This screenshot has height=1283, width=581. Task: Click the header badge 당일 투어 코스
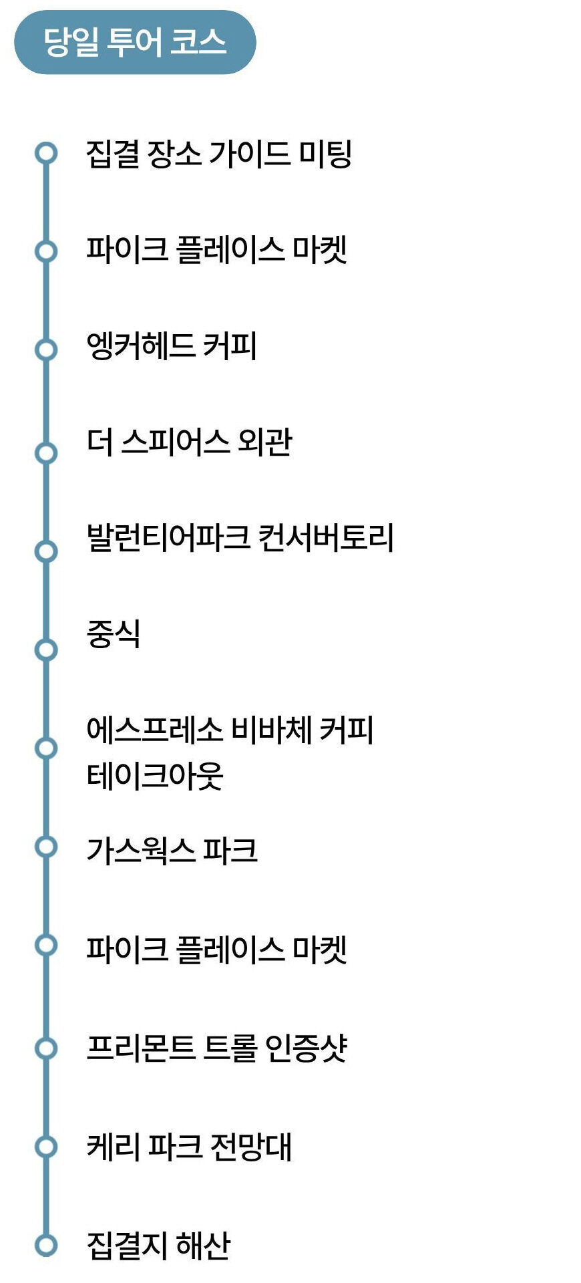point(135,42)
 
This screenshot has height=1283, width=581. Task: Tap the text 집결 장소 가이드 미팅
point(218,154)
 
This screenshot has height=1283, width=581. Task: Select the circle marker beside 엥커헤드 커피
point(46,349)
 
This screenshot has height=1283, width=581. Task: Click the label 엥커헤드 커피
point(172,346)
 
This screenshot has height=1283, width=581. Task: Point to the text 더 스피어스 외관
point(190,442)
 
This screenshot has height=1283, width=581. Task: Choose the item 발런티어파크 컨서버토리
point(240,538)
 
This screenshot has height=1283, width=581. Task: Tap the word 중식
point(114,634)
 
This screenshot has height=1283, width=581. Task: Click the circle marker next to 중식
point(46,649)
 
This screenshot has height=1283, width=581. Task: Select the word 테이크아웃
point(155,776)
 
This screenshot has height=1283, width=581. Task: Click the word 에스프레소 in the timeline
point(154,730)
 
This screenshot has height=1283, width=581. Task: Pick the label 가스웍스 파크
point(172,851)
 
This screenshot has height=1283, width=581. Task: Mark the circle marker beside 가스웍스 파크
point(46,847)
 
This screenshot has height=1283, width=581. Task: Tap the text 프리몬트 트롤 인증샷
point(217,1048)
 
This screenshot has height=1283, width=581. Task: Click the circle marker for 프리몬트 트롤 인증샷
point(46,1048)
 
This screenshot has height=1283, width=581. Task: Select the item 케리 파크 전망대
point(190,1147)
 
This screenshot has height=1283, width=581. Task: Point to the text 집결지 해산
point(158,1245)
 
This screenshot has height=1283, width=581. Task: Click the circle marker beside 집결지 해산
point(46,1245)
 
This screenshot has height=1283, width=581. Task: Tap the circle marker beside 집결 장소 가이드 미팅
point(46,153)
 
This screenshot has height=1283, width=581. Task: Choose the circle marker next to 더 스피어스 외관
point(46,453)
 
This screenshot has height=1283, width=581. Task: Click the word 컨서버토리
point(326,538)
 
